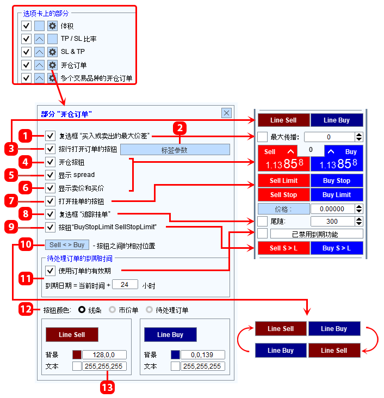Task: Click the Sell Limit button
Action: pyautogui.click(x=283, y=180)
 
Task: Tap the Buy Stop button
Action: pyautogui.click(x=337, y=180)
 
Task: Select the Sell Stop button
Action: pyautogui.click(x=283, y=195)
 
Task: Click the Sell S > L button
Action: pyautogui.click(x=283, y=248)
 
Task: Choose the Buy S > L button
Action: pyautogui.click(x=337, y=248)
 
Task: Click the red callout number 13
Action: pyautogui.click(x=108, y=387)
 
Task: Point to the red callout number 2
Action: pyautogui.click(x=180, y=128)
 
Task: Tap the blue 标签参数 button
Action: pyautogui.click(x=175, y=150)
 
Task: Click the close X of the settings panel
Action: pyautogui.click(x=226, y=113)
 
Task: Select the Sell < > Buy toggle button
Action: pyautogui.click(x=67, y=244)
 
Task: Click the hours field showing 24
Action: pyautogui.click(x=125, y=285)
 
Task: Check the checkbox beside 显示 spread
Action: pyautogui.click(x=50, y=175)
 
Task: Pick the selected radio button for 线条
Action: pyautogui.click(x=82, y=310)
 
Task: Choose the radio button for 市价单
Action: pyautogui.click(x=112, y=310)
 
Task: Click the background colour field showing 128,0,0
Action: pyautogui.click(x=104, y=354)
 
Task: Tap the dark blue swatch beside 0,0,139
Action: pyautogui.click(x=175, y=354)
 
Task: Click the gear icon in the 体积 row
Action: pyautogui.click(x=52, y=26)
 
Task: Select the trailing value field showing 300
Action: pyautogui.click(x=332, y=222)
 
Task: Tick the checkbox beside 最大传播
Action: pyautogui.click(x=263, y=137)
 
